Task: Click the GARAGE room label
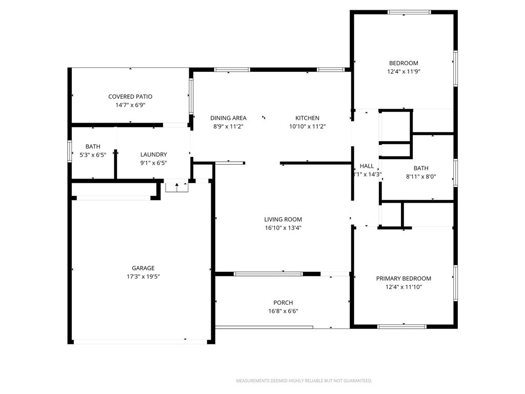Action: pyautogui.click(x=143, y=268)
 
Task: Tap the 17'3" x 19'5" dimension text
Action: pyautogui.click(x=143, y=277)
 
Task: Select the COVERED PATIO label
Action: pyautogui.click(x=130, y=96)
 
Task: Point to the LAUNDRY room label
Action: pyautogui.click(x=153, y=154)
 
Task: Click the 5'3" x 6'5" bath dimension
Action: pyautogui.click(x=93, y=155)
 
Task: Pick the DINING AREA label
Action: pyautogui.click(x=228, y=118)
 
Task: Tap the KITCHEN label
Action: pyautogui.click(x=308, y=118)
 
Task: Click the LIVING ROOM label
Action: pyautogui.click(x=283, y=220)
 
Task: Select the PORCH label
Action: pyautogui.click(x=283, y=303)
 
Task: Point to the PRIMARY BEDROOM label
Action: pyautogui.click(x=403, y=279)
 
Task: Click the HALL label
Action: pyautogui.click(x=367, y=166)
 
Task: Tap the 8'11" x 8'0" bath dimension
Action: pyautogui.click(x=421, y=176)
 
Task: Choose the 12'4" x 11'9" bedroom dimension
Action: pyautogui.click(x=403, y=71)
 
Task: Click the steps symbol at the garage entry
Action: pyautogui.click(x=177, y=187)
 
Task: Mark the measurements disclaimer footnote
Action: pyautogui.click(x=304, y=381)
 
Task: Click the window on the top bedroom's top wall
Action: pyautogui.click(x=409, y=12)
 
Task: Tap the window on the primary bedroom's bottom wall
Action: pyautogui.click(x=402, y=326)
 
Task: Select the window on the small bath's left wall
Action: pyautogui.click(x=70, y=151)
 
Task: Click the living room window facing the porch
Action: pyautogui.click(x=268, y=274)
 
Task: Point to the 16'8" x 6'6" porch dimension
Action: pyautogui.click(x=283, y=311)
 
